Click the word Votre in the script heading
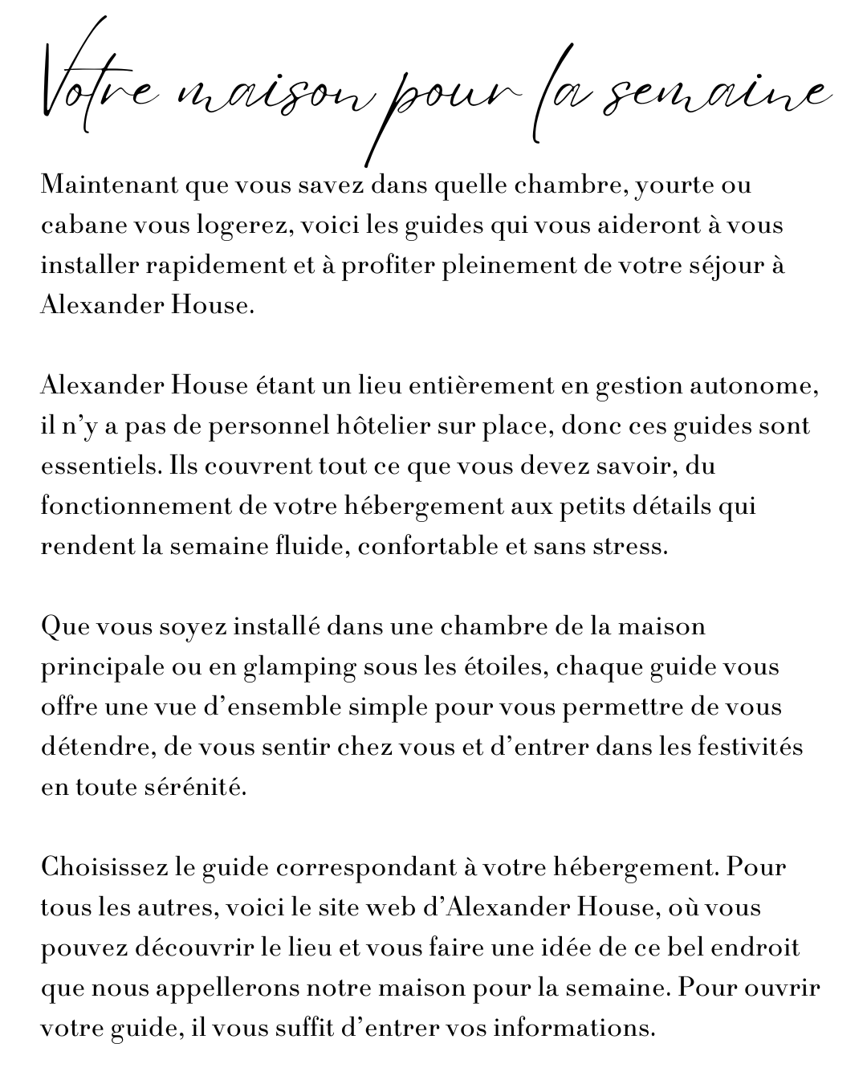tap(96, 96)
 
